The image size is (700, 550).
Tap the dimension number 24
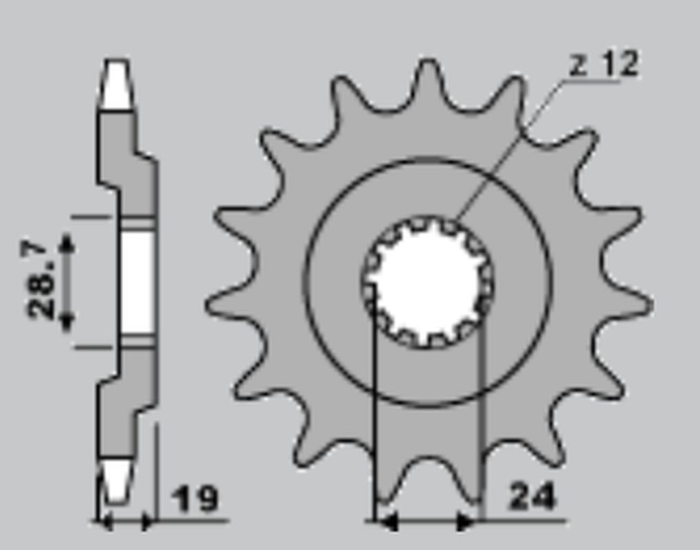click(532, 496)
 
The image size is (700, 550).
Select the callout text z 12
click(605, 65)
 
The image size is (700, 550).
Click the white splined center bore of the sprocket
click(427, 282)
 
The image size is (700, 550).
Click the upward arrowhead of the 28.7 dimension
click(67, 242)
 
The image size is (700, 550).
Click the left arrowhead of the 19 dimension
click(104, 522)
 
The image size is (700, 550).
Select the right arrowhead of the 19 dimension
click(147, 522)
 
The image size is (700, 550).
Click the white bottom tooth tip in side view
click(115, 478)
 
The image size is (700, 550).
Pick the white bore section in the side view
click(135, 282)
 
